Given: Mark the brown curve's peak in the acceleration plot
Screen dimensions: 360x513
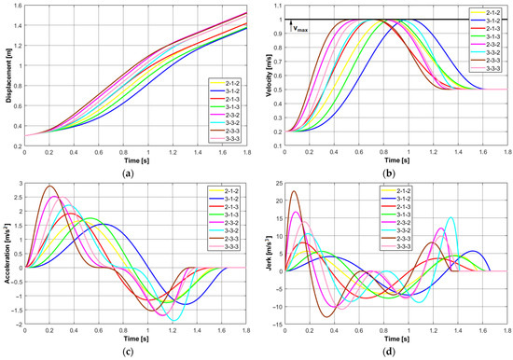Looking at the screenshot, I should click(x=49, y=187).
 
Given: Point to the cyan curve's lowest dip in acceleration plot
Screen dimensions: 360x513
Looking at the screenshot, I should click(x=173, y=319).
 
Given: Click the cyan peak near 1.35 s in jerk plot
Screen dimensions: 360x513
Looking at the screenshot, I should click(x=451, y=218).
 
